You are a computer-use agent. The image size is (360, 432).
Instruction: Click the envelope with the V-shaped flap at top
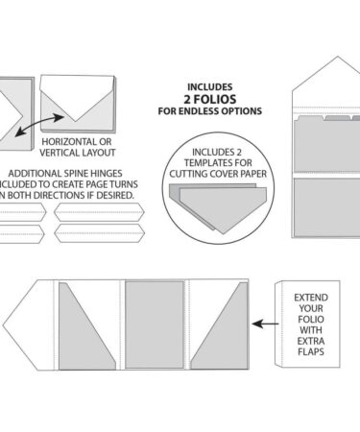coord(79,105)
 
